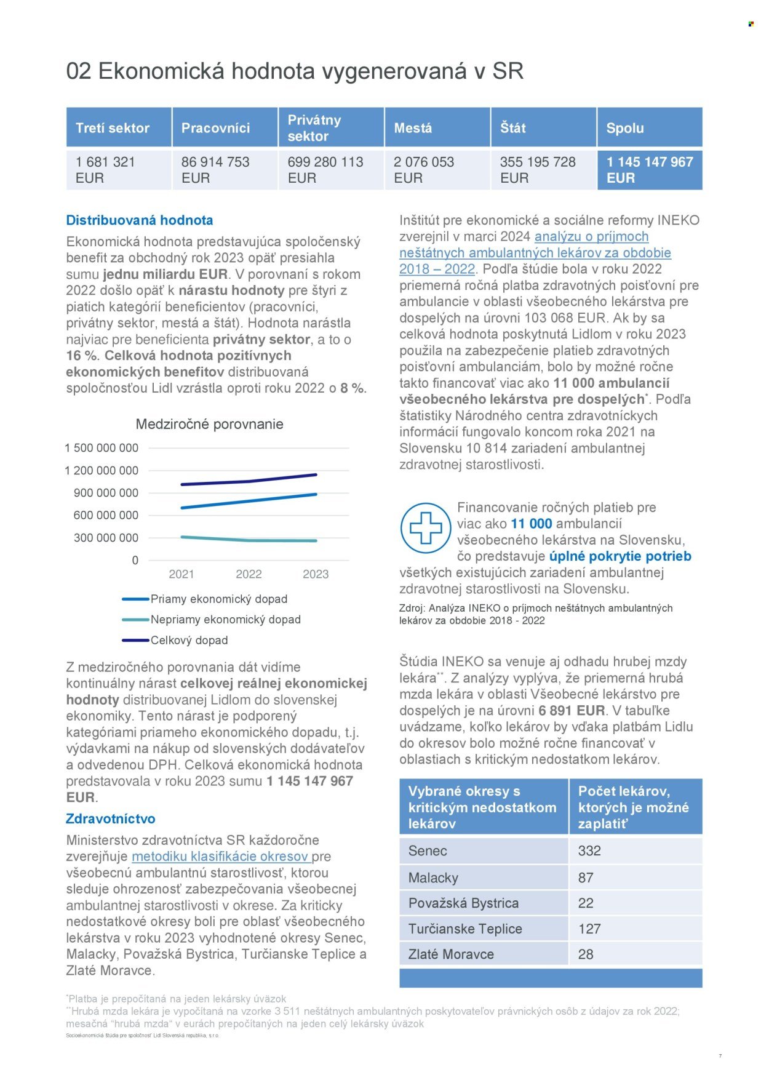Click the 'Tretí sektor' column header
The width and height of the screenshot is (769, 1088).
pos(113,128)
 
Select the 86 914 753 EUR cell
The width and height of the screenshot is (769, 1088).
pos(215,170)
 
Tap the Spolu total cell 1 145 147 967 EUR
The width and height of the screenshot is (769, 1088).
pos(650,170)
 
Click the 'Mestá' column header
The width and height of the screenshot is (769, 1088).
pos(413,128)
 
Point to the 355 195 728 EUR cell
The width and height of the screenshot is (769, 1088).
pos(538,170)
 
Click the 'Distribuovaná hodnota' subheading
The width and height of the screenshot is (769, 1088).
pos(140,220)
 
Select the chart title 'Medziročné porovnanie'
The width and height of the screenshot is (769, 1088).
pos(209,424)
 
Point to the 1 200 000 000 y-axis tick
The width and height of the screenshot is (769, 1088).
pos(102,471)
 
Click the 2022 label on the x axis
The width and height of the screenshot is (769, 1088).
pos(249,574)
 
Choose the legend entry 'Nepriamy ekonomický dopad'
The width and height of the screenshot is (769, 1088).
pos(225,620)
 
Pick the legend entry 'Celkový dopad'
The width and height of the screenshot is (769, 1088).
pos(189,641)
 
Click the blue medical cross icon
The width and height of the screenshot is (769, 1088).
pos(426,528)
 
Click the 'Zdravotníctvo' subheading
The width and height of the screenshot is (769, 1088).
pos(111,819)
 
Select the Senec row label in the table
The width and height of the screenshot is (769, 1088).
pos(428,851)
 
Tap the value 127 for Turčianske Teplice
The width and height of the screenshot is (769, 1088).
pos(589,929)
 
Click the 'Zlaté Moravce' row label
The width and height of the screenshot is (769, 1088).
pos(451,954)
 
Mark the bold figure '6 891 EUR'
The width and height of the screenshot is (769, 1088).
pos(572,711)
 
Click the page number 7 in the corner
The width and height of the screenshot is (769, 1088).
pos(720,1056)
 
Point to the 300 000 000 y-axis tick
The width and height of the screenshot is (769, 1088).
pos(106,538)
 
